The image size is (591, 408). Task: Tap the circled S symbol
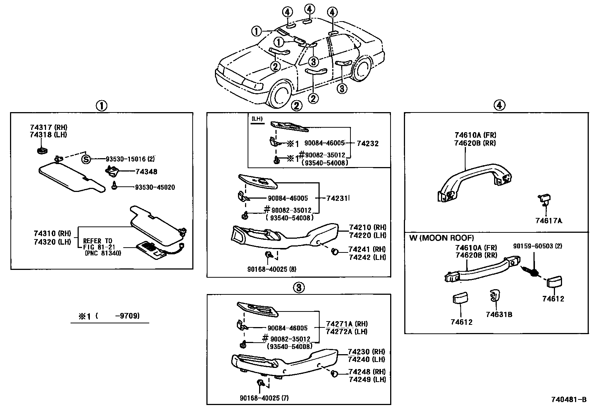pyautogui.click(x=86, y=160)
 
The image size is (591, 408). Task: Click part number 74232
pyautogui.click(x=367, y=143)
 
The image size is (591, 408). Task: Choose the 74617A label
pyautogui.click(x=548, y=221)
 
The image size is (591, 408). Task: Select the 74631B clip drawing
pyautogui.click(x=494, y=296)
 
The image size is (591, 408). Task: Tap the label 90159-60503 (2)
pyautogui.click(x=538, y=246)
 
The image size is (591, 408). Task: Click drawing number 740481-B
pyautogui.click(x=568, y=400)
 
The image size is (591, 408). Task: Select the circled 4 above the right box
pyautogui.click(x=499, y=105)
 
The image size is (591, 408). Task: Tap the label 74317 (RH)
pyautogui.click(x=48, y=127)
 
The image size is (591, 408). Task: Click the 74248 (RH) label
pyautogui.click(x=367, y=372)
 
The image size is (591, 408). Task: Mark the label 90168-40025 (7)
pyautogui.click(x=264, y=398)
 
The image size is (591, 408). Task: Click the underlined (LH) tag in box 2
pyautogui.click(x=257, y=119)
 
